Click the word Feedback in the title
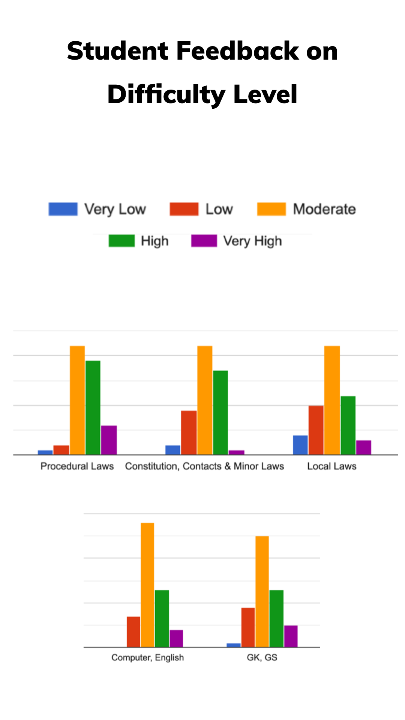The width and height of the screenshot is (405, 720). pos(238,51)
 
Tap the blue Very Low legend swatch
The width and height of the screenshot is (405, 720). pos(63,209)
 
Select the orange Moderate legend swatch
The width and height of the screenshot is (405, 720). pos(271,209)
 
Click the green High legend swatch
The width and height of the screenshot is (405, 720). pos(121,241)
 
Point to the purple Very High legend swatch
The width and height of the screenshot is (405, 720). pos(204,241)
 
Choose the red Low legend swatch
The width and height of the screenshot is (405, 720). pos(184,209)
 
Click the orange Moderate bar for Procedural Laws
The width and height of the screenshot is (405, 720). pos(77,400)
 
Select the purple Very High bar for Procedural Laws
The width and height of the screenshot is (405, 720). pos(109,440)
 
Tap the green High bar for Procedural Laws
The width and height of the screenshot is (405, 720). pos(93,407)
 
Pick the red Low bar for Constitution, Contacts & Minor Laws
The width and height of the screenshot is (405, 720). pos(189,432)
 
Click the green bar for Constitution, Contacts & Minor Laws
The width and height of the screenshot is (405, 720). pos(220,412)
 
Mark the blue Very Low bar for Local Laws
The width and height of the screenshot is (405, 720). pos(300,445)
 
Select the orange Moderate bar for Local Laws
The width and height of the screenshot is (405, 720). pos(332,400)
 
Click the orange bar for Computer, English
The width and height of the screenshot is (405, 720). pos(147,585)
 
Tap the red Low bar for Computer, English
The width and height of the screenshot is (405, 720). pos(133,632)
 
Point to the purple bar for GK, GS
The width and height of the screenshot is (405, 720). pos(291,636)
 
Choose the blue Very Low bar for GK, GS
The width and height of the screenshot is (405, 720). pos(233,645)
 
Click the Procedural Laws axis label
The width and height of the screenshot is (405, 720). pos(77,466)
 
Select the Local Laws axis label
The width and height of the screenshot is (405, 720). pos(332,466)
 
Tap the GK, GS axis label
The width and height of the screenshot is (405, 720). pos(262,657)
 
